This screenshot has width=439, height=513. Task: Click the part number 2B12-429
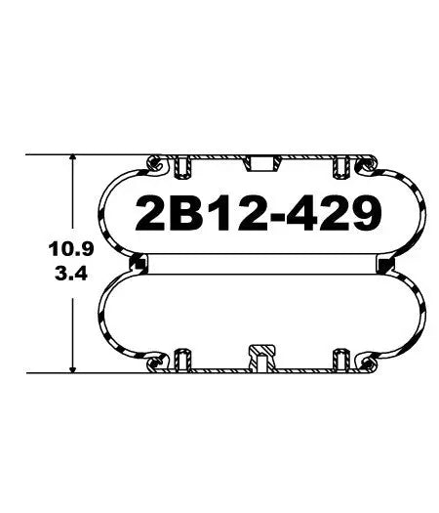[256, 213]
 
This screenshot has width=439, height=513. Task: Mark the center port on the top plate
[259, 160]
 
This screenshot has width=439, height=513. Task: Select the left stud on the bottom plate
[181, 358]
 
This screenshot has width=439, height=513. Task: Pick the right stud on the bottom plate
[339, 358]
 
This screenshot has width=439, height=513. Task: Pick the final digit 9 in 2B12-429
[363, 213]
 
